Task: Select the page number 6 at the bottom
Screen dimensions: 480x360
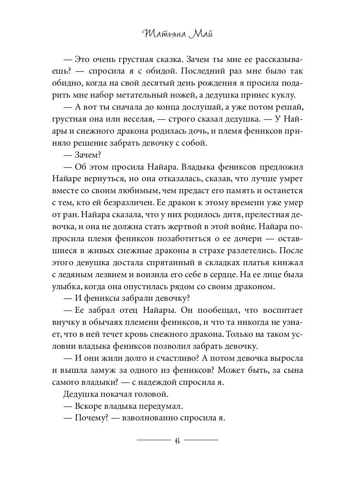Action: click(178, 441)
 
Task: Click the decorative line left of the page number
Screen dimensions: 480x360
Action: click(154, 440)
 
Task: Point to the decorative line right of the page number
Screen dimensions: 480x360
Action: click(201, 440)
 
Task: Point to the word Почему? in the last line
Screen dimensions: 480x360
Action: click(92, 418)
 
